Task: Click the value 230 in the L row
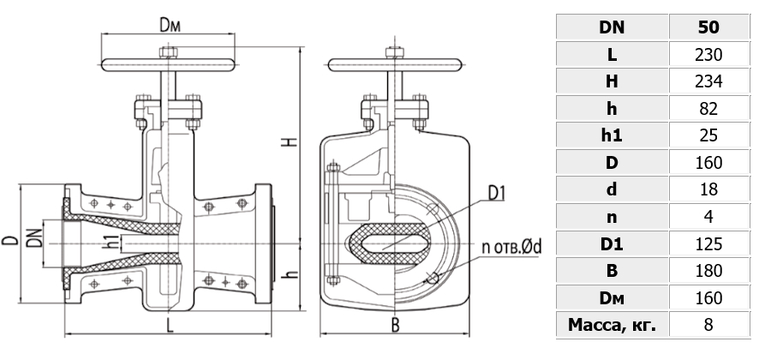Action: [708, 55]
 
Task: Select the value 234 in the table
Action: [708, 81]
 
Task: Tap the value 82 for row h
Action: [708, 109]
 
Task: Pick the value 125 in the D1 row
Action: [708, 244]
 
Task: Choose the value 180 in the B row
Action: [708, 271]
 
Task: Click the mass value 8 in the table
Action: [708, 325]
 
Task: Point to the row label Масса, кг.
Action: [612, 325]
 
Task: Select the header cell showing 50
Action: [708, 27]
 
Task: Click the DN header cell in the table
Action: [612, 27]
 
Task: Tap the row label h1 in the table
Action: [612, 135]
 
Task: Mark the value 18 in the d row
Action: [708, 189]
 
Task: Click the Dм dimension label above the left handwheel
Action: [170, 25]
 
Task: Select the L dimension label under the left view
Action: [170, 325]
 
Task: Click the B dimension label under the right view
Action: [395, 325]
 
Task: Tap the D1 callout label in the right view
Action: [497, 194]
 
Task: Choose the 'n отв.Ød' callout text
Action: [511, 247]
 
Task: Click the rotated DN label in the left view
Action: [34, 237]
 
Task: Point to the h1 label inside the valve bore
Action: [112, 243]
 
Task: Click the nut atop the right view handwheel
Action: [395, 52]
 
